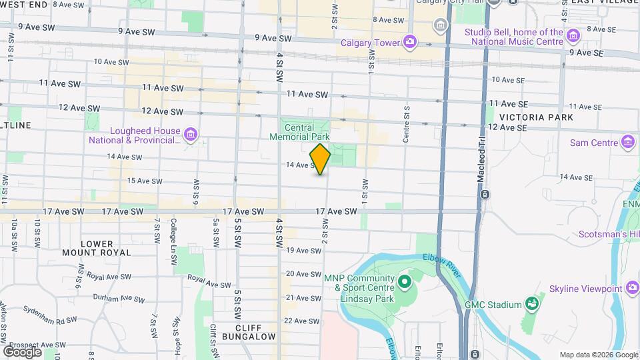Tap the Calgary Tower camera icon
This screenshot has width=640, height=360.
coord(409,43)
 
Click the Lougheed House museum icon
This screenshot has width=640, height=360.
coord(191,135)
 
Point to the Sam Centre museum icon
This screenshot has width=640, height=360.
coord(627,143)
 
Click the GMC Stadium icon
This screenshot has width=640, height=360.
coord(531,305)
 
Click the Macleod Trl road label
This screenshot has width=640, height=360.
coord(481,165)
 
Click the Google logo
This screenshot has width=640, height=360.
coord(23,351)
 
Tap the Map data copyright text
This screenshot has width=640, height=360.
coord(598,355)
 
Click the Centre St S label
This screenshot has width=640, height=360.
coord(405,124)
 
